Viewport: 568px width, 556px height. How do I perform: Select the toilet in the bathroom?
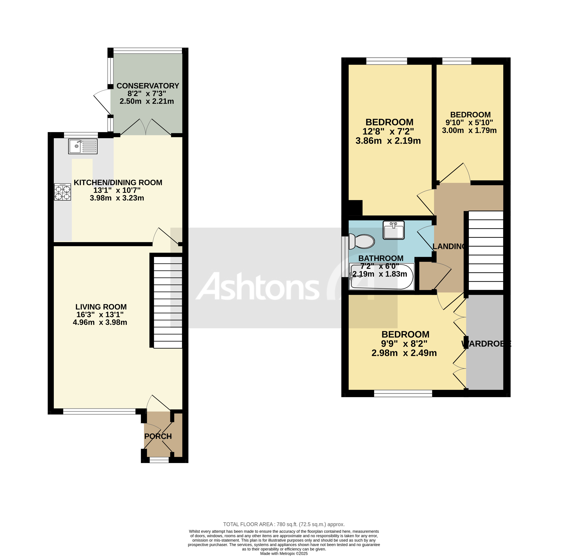(362, 241)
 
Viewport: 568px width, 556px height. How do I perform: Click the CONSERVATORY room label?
(148, 86)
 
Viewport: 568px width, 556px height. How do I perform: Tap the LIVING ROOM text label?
(101, 307)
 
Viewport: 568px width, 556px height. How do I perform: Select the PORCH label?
(158, 436)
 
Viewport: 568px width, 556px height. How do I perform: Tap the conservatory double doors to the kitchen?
(146, 127)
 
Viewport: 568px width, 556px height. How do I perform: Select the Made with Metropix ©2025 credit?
(284, 553)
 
